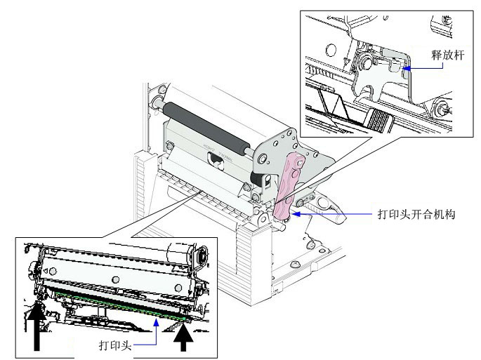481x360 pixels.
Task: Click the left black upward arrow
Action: [37, 326]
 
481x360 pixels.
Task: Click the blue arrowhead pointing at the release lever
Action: [409, 67]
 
